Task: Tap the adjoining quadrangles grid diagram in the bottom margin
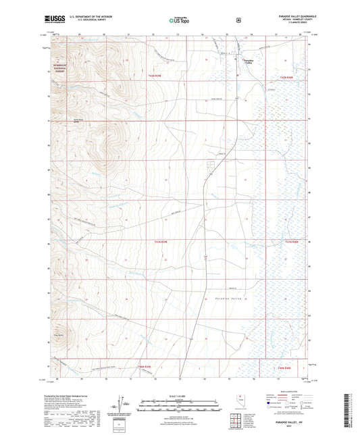(x=239, y=417)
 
